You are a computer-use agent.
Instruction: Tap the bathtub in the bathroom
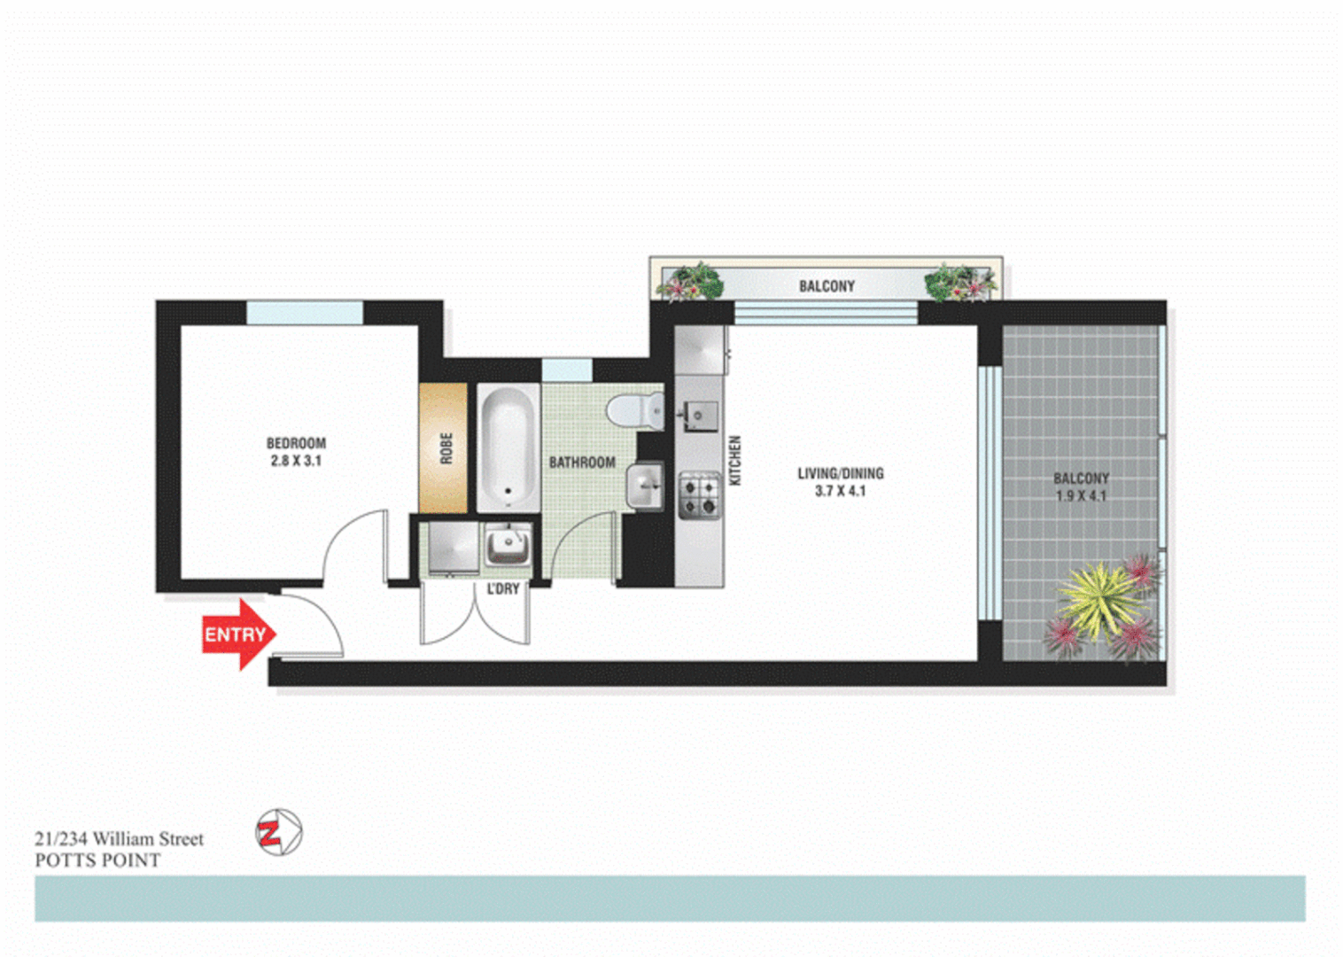(x=508, y=447)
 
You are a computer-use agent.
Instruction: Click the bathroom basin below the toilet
(x=645, y=486)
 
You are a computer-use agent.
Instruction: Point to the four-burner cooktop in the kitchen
(x=699, y=495)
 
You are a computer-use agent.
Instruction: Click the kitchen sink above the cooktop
(x=699, y=415)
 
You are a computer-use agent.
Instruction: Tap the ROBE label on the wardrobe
(x=446, y=447)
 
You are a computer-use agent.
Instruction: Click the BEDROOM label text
(x=296, y=443)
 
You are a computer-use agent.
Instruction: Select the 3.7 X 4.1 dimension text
(x=840, y=491)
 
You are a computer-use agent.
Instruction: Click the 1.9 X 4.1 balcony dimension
(x=1081, y=495)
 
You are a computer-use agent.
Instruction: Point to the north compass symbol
(x=279, y=832)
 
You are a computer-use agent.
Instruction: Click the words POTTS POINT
(x=97, y=860)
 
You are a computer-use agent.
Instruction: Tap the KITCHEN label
(x=734, y=460)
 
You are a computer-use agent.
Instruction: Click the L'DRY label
(x=503, y=589)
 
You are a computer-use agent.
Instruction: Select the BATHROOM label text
(x=582, y=463)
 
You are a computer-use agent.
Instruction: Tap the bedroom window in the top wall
(x=305, y=312)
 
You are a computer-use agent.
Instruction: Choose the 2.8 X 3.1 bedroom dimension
(x=296, y=461)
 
